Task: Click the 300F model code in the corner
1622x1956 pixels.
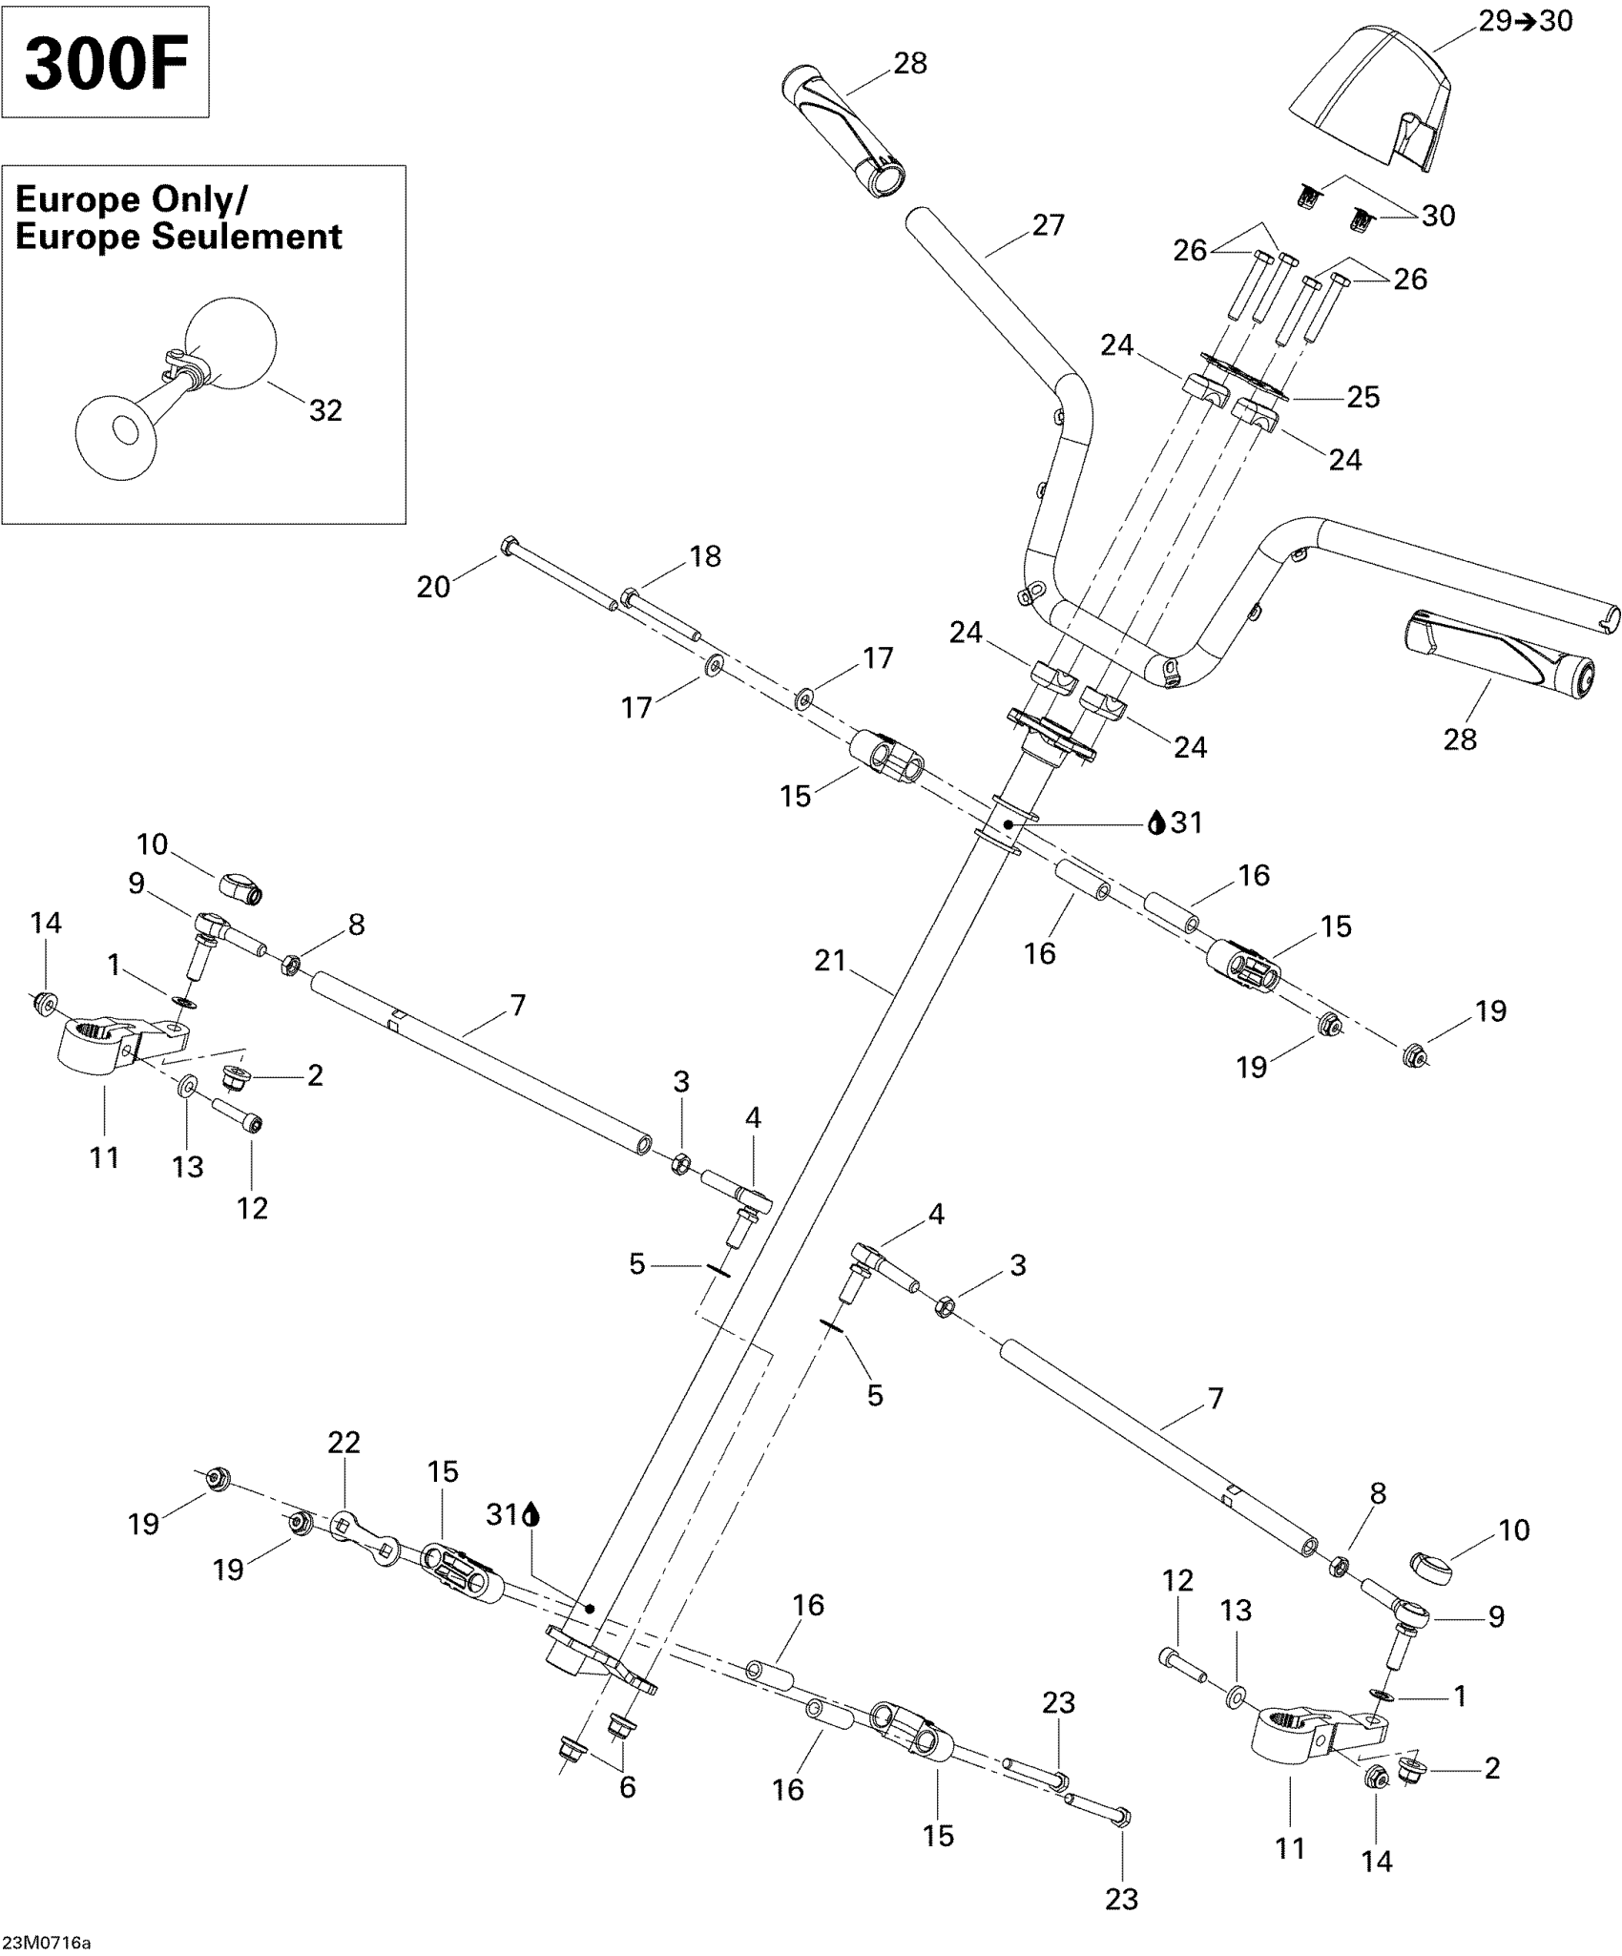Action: coord(105,65)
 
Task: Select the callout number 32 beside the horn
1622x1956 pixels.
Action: coord(325,410)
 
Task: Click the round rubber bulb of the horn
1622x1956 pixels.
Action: coord(230,341)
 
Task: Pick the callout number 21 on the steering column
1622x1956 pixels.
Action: coord(830,960)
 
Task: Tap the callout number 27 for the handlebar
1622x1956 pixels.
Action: coord(1048,225)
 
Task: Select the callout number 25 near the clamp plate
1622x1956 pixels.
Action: coord(1362,397)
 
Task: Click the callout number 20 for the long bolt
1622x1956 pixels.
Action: coord(433,587)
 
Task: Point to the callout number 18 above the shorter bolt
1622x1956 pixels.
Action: coord(705,556)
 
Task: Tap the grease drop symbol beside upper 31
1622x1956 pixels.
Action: coord(1156,822)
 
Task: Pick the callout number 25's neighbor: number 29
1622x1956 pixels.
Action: coord(1495,21)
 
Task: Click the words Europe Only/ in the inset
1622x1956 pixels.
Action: coord(132,199)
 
